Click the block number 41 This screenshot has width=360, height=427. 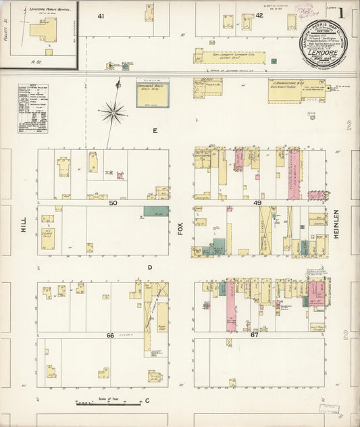101,16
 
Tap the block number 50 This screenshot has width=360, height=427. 113,203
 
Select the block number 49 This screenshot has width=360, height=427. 257,203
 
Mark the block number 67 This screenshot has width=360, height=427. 255,335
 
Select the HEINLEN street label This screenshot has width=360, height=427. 335,223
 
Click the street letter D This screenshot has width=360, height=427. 150,268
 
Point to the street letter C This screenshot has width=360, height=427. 147,401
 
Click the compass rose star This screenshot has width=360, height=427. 113,112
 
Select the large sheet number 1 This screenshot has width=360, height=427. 342,12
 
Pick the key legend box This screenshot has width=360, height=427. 32,107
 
